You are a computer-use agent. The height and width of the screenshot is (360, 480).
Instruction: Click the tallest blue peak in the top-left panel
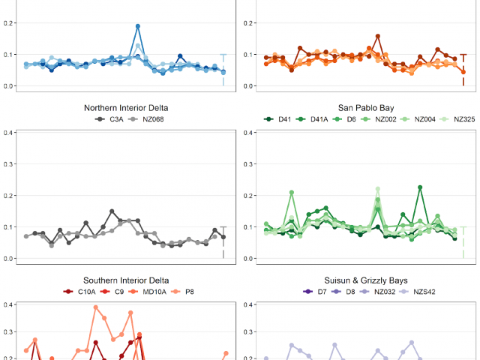(x=138, y=26)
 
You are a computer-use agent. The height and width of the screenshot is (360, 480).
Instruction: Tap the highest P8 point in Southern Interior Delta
(x=96, y=307)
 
